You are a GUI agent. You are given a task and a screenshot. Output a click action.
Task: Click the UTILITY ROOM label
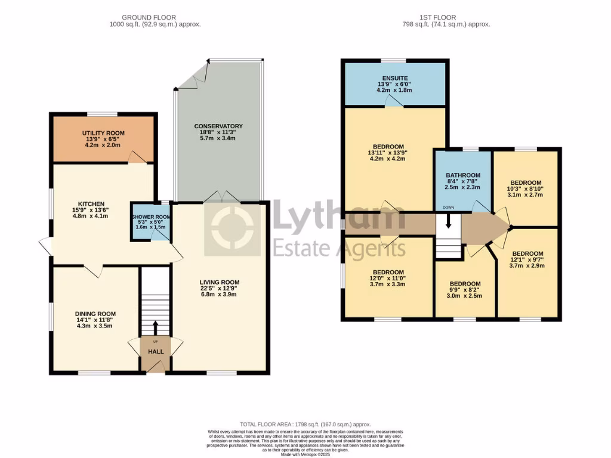point(104,133)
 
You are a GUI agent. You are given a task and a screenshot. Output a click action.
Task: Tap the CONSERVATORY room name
point(218,126)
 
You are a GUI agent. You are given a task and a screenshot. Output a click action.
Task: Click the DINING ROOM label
point(95,314)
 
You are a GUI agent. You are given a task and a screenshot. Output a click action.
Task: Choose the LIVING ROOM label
point(219,283)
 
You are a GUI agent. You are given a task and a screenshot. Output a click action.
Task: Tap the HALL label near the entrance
point(156,352)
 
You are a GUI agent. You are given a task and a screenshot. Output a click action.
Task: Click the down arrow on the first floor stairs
point(449,225)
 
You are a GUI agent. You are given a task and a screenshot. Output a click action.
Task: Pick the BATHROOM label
point(462,175)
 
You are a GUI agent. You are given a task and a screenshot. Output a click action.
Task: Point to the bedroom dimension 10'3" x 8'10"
point(526,190)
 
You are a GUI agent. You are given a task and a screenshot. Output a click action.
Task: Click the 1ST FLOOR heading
point(446,17)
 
